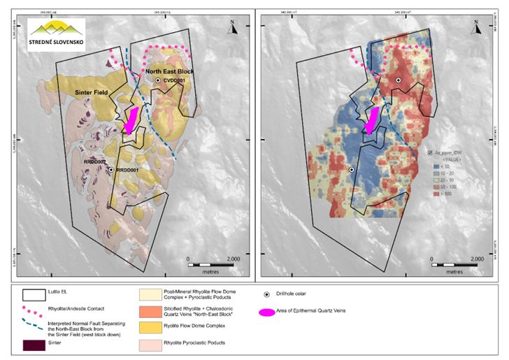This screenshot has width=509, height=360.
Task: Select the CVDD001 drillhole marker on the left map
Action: coord(159,81)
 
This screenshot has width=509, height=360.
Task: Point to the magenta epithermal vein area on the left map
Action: coord(131,120)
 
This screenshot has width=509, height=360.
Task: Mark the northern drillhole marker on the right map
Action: coord(399,81)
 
